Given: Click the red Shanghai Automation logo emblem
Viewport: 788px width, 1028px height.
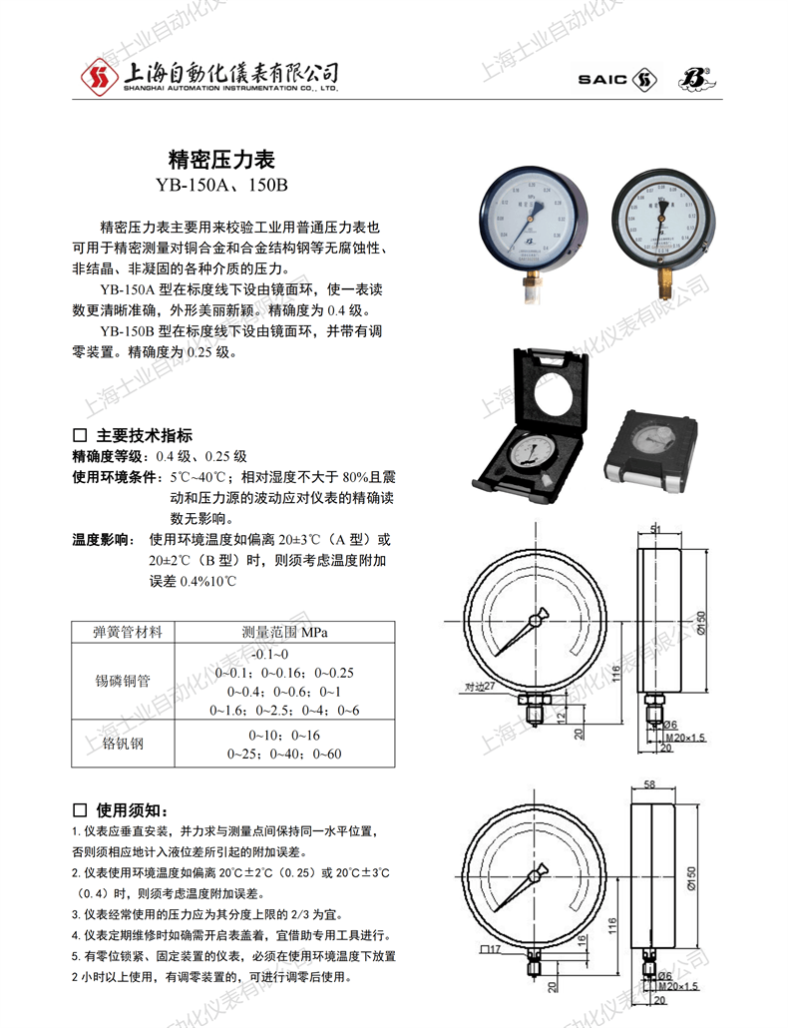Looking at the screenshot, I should coord(99,75).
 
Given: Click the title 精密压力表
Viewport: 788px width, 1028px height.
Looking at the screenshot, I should coord(222,160).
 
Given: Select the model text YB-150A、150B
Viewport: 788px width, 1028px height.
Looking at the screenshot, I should coord(221,184).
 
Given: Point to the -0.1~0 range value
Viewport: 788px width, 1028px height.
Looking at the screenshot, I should coord(270,654).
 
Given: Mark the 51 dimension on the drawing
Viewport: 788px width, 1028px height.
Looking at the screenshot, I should coord(655,528).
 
